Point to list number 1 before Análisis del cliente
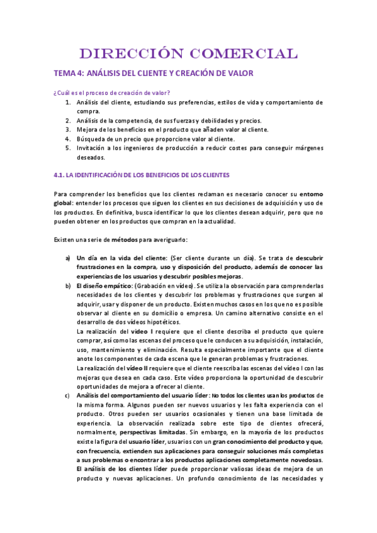point(68,102)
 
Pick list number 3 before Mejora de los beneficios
point(68,129)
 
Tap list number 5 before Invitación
point(68,148)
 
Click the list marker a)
point(67,258)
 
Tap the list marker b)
point(67,285)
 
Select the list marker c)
point(67,395)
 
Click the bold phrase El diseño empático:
point(104,285)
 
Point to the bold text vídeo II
point(138,368)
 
